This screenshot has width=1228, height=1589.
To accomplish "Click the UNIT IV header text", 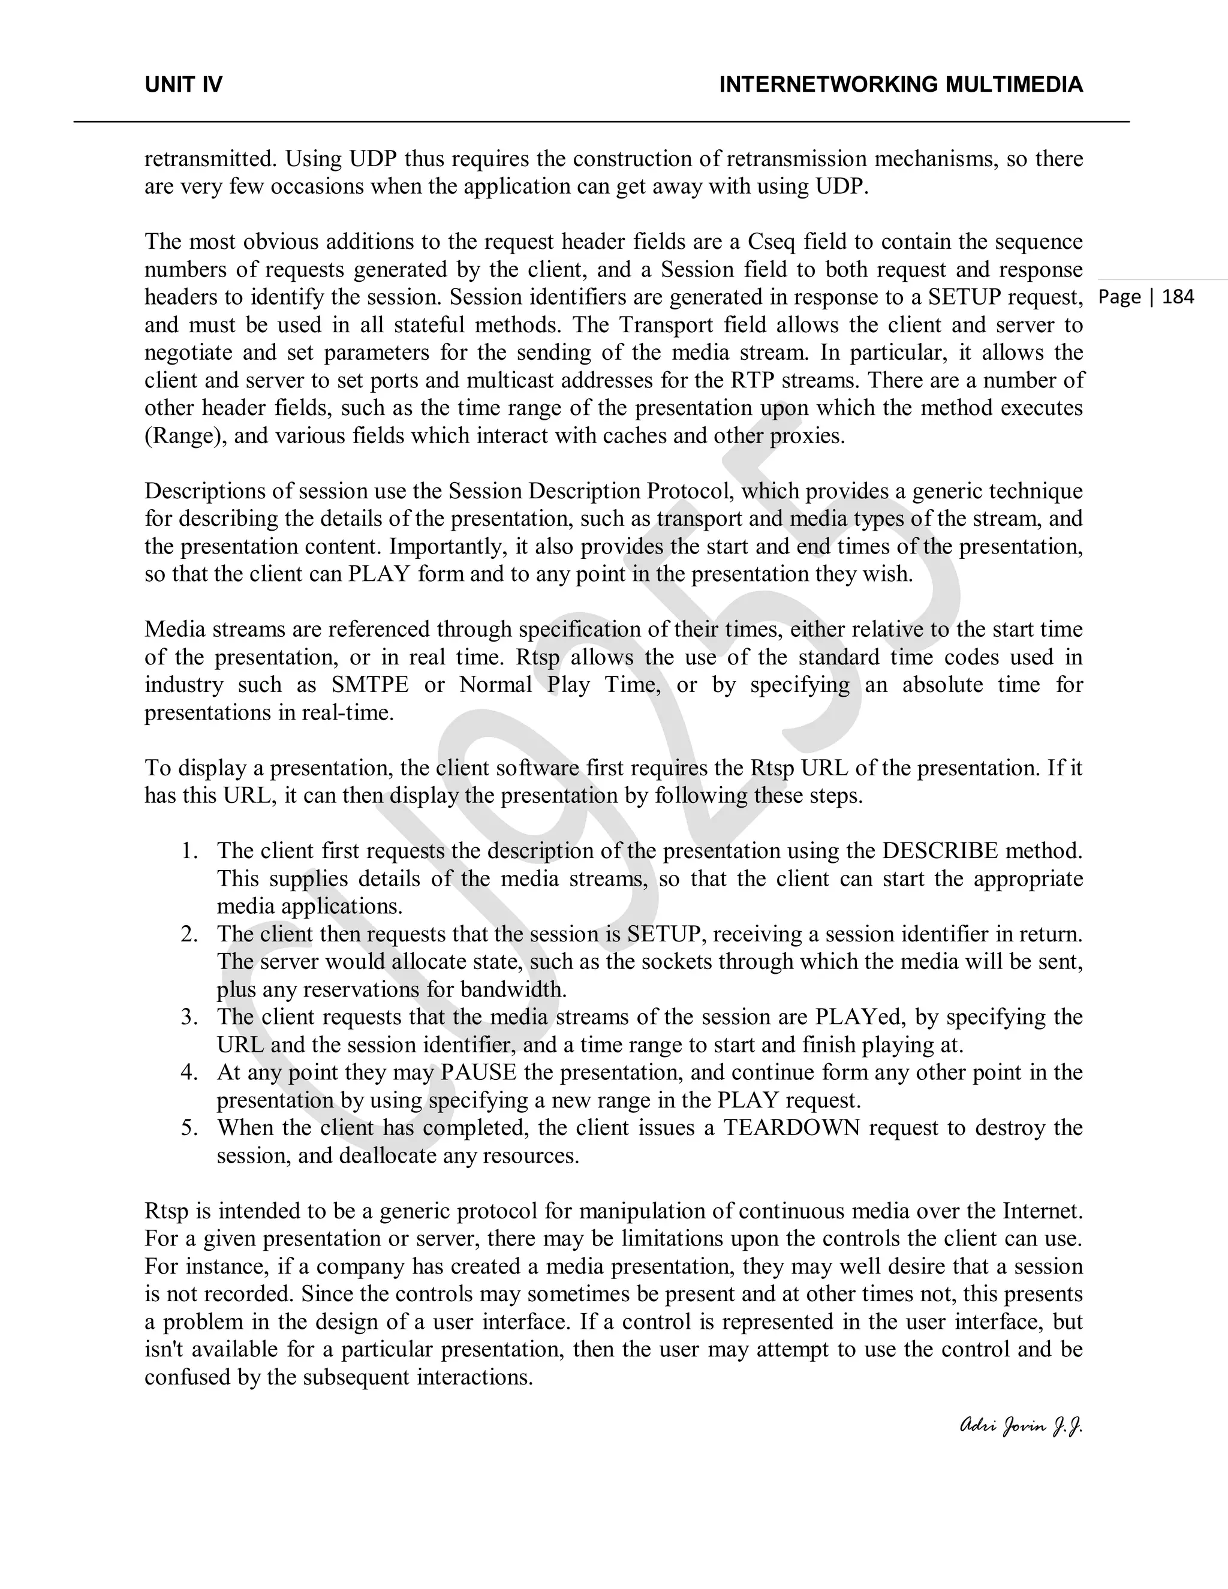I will click(x=183, y=85).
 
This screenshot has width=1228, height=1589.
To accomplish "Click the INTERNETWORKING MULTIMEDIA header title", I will click(x=901, y=85).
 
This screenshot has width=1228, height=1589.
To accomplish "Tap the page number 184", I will click(x=1178, y=297).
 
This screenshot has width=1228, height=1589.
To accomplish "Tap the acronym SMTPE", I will click(x=369, y=685).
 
